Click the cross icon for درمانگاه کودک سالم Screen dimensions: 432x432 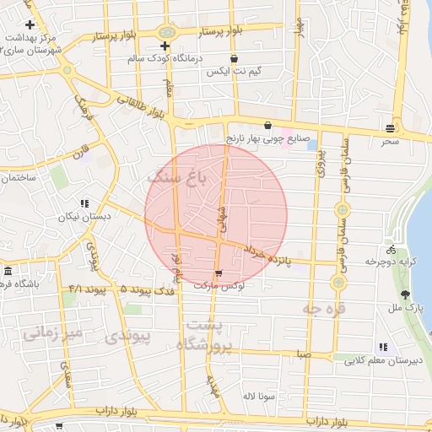[x=165, y=45]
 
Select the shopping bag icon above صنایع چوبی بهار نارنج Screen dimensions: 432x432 [x=267, y=125]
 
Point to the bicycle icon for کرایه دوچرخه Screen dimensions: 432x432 [x=390, y=249]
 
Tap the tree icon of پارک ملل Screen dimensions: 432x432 [x=406, y=295]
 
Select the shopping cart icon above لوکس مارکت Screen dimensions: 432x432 [x=219, y=273]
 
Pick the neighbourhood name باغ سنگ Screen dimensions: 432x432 [x=176, y=179]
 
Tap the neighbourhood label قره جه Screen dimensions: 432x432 [x=323, y=309]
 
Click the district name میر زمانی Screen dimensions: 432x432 [x=52, y=333]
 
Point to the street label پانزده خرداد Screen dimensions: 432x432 [x=267, y=254]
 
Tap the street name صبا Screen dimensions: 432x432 [x=303, y=355]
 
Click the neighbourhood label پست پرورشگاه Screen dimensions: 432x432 [x=205, y=335]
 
